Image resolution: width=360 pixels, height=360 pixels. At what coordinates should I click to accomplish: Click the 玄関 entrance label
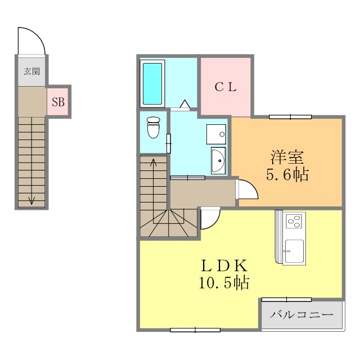click(x=31, y=71)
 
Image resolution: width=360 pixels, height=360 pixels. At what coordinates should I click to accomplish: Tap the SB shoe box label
click(x=58, y=102)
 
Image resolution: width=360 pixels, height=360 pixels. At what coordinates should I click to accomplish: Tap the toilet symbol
click(x=153, y=128)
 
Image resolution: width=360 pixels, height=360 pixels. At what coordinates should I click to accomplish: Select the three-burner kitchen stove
click(x=294, y=220)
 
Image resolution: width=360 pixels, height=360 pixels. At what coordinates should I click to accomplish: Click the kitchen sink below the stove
click(x=294, y=250)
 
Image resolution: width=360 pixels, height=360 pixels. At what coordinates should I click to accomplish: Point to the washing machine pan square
click(x=217, y=133)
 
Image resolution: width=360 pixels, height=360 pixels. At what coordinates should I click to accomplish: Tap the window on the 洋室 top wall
click(x=290, y=116)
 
